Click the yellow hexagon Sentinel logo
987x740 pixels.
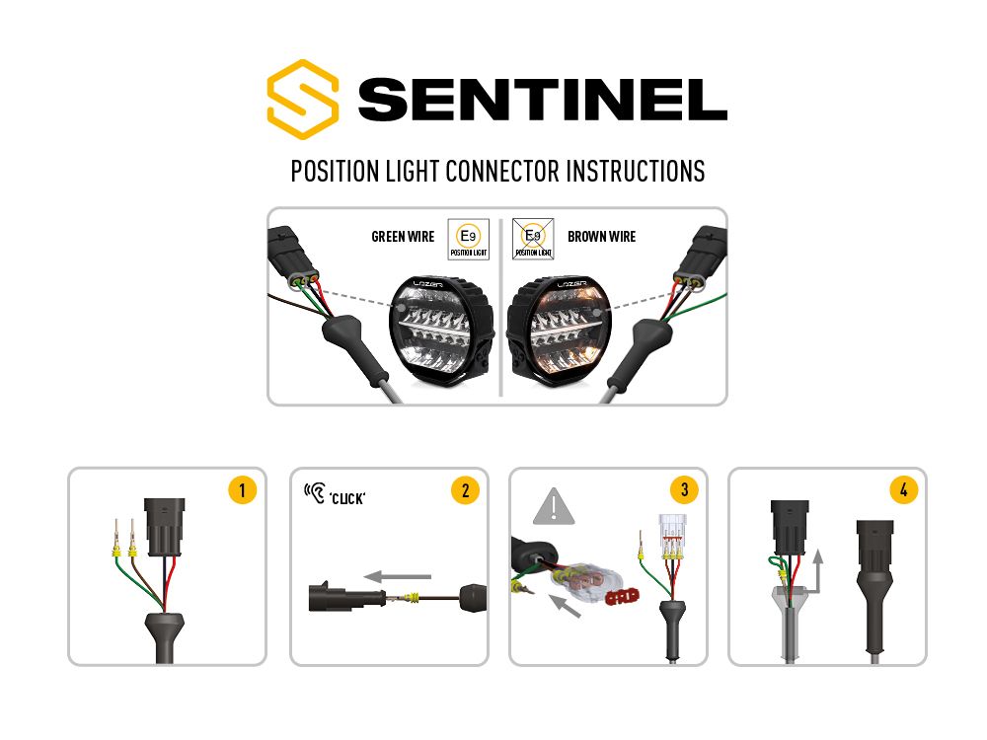[x=303, y=99]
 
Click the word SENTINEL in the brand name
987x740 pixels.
[x=542, y=100]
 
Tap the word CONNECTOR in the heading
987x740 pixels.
[x=502, y=171]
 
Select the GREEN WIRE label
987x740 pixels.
[x=403, y=237]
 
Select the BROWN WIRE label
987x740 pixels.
[x=601, y=237]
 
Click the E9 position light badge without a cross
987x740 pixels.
[x=469, y=239]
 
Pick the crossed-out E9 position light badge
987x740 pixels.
[x=533, y=239]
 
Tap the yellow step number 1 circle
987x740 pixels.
[x=242, y=490]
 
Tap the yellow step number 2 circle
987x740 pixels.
[x=464, y=490]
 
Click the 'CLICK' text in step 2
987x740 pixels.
[x=347, y=497]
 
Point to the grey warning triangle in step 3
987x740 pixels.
[x=554, y=507]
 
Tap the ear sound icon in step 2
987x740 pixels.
[x=316, y=491]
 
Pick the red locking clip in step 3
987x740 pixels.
[x=622, y=595]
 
